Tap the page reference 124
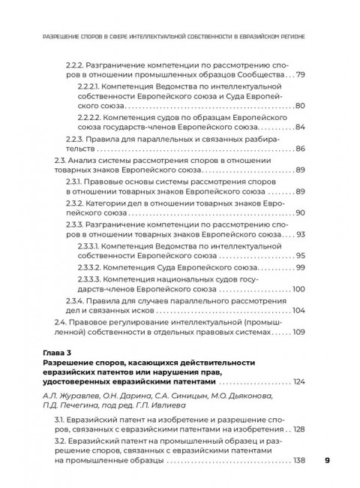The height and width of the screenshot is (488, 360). (298, 382)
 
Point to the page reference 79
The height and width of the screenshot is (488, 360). (300, 75)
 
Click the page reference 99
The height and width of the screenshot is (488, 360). (300, 267)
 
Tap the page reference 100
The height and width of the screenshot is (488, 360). (298, 289)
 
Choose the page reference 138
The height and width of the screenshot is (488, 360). (298, 460)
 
